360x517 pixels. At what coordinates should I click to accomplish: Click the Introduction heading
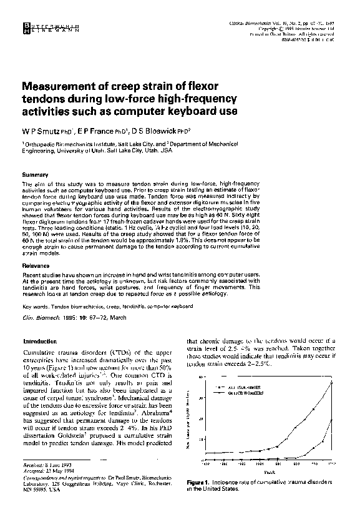coord(40,342)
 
